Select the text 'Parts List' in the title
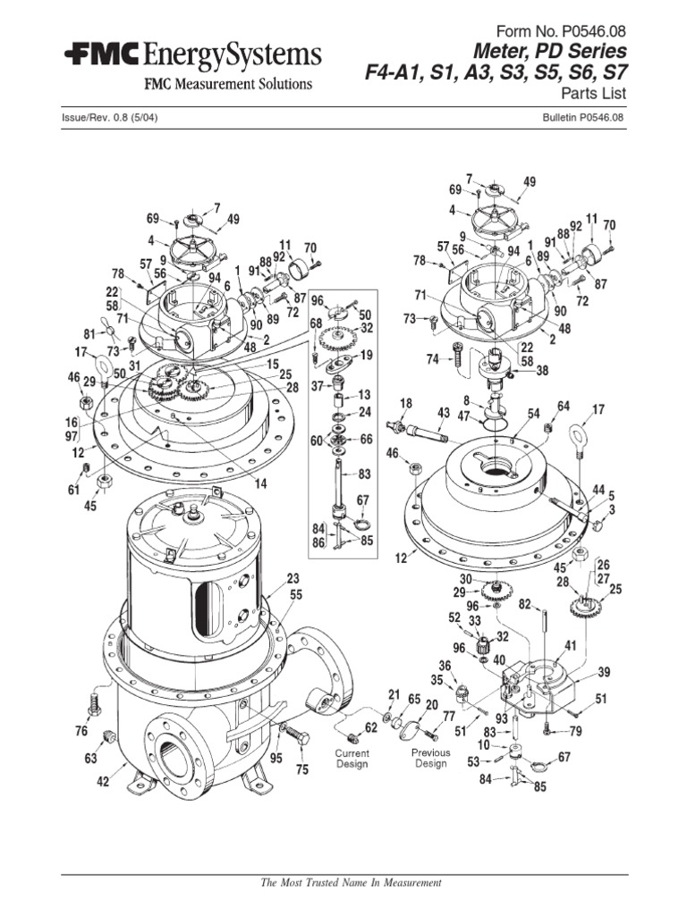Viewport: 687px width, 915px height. point(595,92)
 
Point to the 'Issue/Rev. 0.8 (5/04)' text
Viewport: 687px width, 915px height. point(112,117)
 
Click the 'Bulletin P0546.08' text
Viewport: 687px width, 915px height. point(582,117)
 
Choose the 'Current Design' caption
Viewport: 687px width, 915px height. point(352,760)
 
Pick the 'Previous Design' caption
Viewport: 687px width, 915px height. point(430,759)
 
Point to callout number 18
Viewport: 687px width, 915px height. point(405,404)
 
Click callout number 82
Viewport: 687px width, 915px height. point(525,604)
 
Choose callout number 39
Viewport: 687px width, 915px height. point(604,672)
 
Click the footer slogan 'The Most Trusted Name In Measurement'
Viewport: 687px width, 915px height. point(351,883)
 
